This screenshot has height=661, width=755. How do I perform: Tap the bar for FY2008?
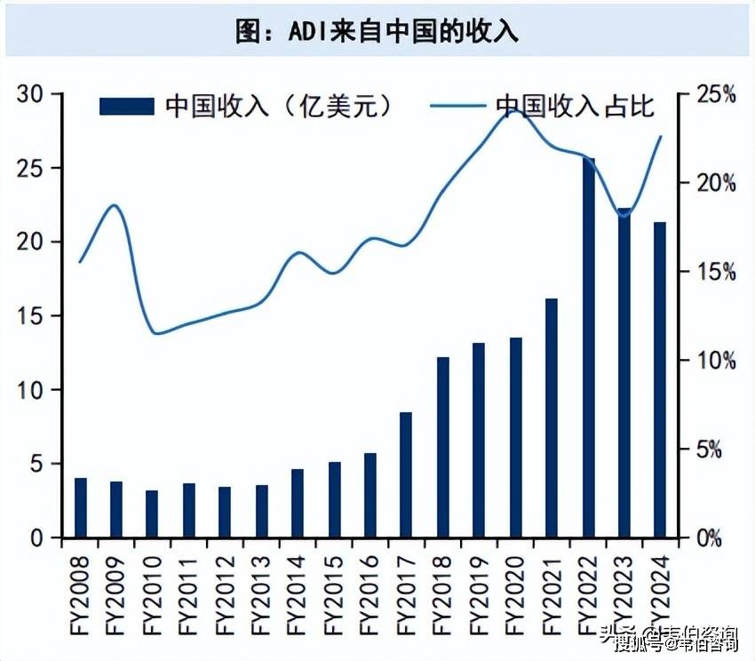[81, 507]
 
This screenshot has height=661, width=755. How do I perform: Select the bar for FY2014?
[298, 503]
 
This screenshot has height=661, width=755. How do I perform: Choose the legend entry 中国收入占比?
[543, 107]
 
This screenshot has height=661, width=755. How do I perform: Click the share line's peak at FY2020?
[515, 111]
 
